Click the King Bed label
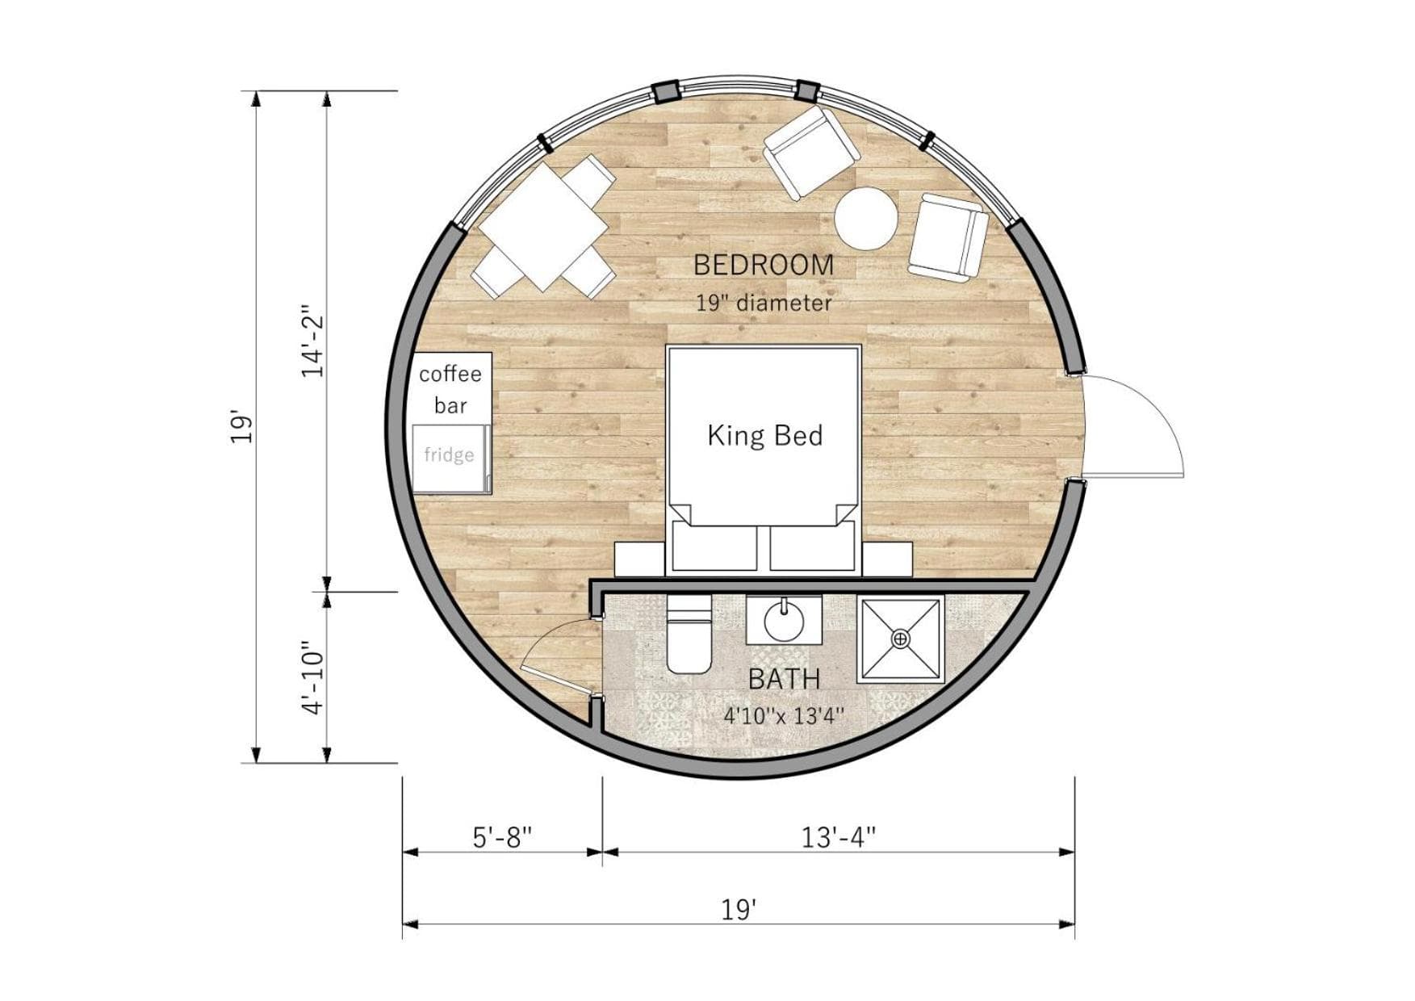[764, 436]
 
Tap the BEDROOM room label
[764, 265]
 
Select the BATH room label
[784, 680]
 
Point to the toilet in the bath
[689, 635]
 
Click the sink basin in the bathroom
[783, 620]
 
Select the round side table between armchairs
[865, 219]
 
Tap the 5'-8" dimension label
[503, 838]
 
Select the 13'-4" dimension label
[839, 838]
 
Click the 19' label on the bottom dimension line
[739, 911]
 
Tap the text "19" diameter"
[764, 304]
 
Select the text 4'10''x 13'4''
[784, 716]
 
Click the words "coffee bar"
[450, 389]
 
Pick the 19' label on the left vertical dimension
[242, 427]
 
